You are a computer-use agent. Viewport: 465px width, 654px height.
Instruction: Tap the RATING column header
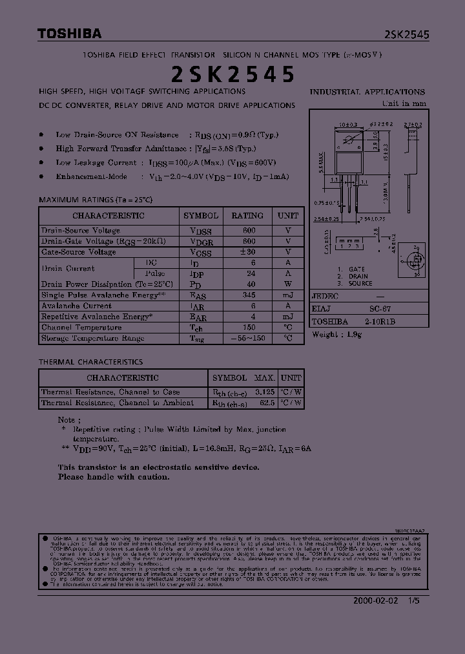(x=247, y=216)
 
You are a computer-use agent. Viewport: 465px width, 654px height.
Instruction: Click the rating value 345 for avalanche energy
(x=249, y=295)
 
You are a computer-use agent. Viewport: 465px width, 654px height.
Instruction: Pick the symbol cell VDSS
(x=201, y=231)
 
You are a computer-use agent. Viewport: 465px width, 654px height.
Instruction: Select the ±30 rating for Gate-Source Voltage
(x=248, y=252)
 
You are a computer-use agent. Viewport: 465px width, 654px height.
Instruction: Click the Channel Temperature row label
(x=81, y=328)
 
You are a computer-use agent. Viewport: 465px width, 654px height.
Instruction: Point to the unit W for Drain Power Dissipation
(x=288, y=284)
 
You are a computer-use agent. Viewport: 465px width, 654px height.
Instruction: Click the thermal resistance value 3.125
(x=265, y=392)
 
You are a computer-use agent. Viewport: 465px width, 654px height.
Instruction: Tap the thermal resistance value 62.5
(x=266, y=403)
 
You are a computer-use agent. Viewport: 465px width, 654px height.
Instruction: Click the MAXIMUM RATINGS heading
(x=96, y=200)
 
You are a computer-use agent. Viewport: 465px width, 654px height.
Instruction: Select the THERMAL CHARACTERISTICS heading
(x=91, y=362)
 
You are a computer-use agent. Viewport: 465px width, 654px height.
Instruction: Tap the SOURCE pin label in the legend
(x=360, y=284)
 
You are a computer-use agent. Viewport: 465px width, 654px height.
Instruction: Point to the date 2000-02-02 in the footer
(x=375, y=600)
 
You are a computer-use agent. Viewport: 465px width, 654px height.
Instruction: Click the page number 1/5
(x=414, y=600)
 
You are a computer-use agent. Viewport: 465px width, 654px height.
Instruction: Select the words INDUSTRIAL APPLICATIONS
(x=367, y=92)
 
